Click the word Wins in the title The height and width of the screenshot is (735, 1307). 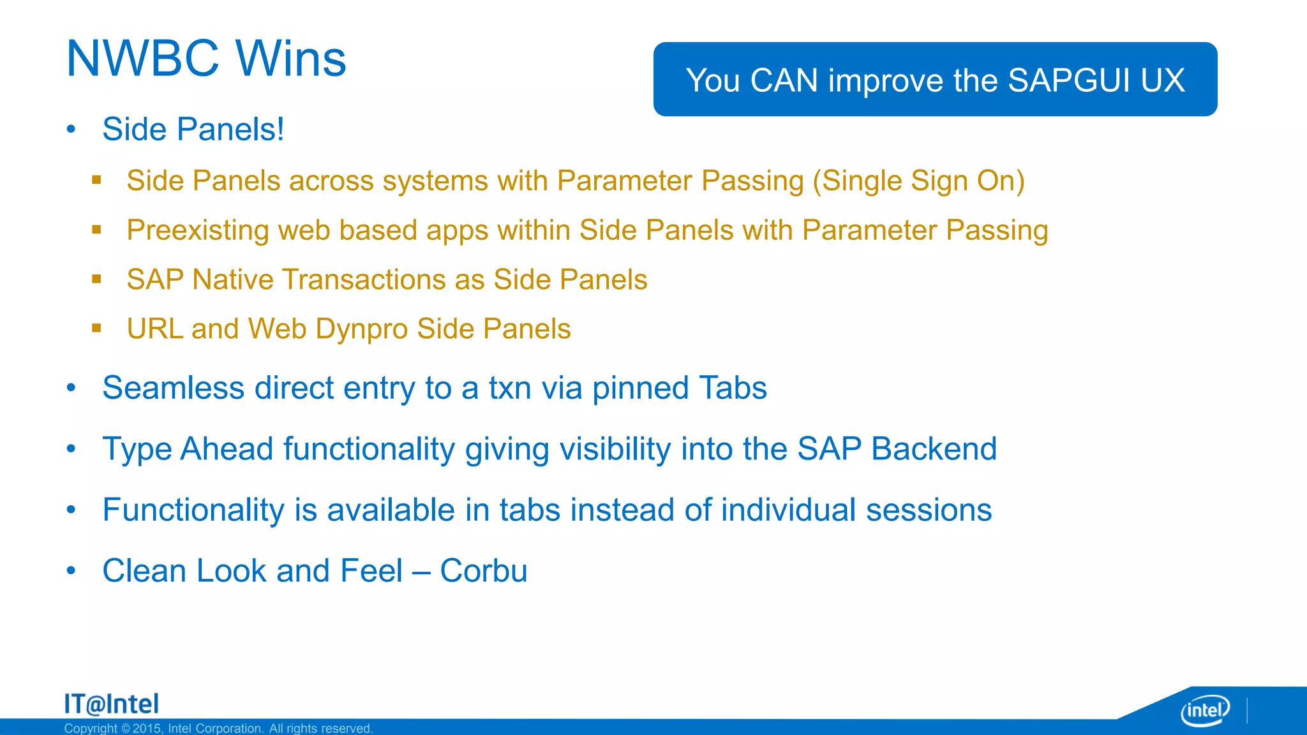point(291,59)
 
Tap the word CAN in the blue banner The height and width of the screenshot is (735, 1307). point(784,81)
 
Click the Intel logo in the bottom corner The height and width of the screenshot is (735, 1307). point(1205,710)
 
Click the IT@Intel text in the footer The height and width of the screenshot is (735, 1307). point(112,704)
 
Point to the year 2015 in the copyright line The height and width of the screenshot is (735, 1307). point(146,729)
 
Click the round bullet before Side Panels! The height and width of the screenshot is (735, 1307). point(71,130)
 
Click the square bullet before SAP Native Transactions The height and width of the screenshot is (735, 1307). point(96,279)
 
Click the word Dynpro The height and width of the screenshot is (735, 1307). point(361,329)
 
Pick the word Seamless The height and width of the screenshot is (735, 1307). point(173,388)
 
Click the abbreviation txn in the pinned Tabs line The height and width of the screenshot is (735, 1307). point(509,388)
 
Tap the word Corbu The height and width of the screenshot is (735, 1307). point(483,571)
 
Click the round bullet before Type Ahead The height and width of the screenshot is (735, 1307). point(71,449)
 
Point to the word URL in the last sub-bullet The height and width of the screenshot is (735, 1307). point(155,329)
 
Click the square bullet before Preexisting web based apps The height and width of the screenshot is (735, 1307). point(96,230)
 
